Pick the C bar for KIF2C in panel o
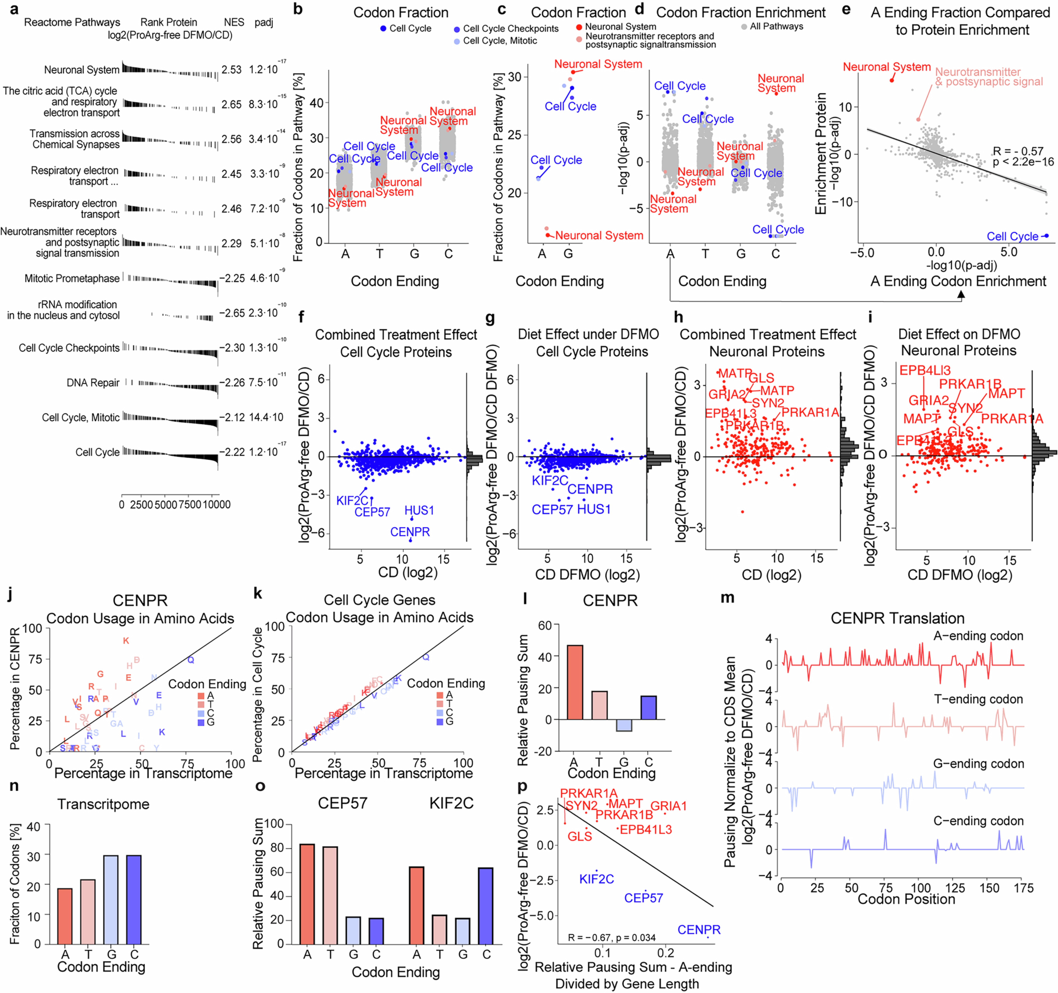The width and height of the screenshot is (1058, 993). click(x=485, y=906)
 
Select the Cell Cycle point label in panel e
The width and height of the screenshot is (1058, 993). click(x=1012, y=236)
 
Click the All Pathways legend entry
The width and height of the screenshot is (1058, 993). click(x=776, y=26)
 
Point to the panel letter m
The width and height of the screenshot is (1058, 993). click(x=727, y=598)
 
